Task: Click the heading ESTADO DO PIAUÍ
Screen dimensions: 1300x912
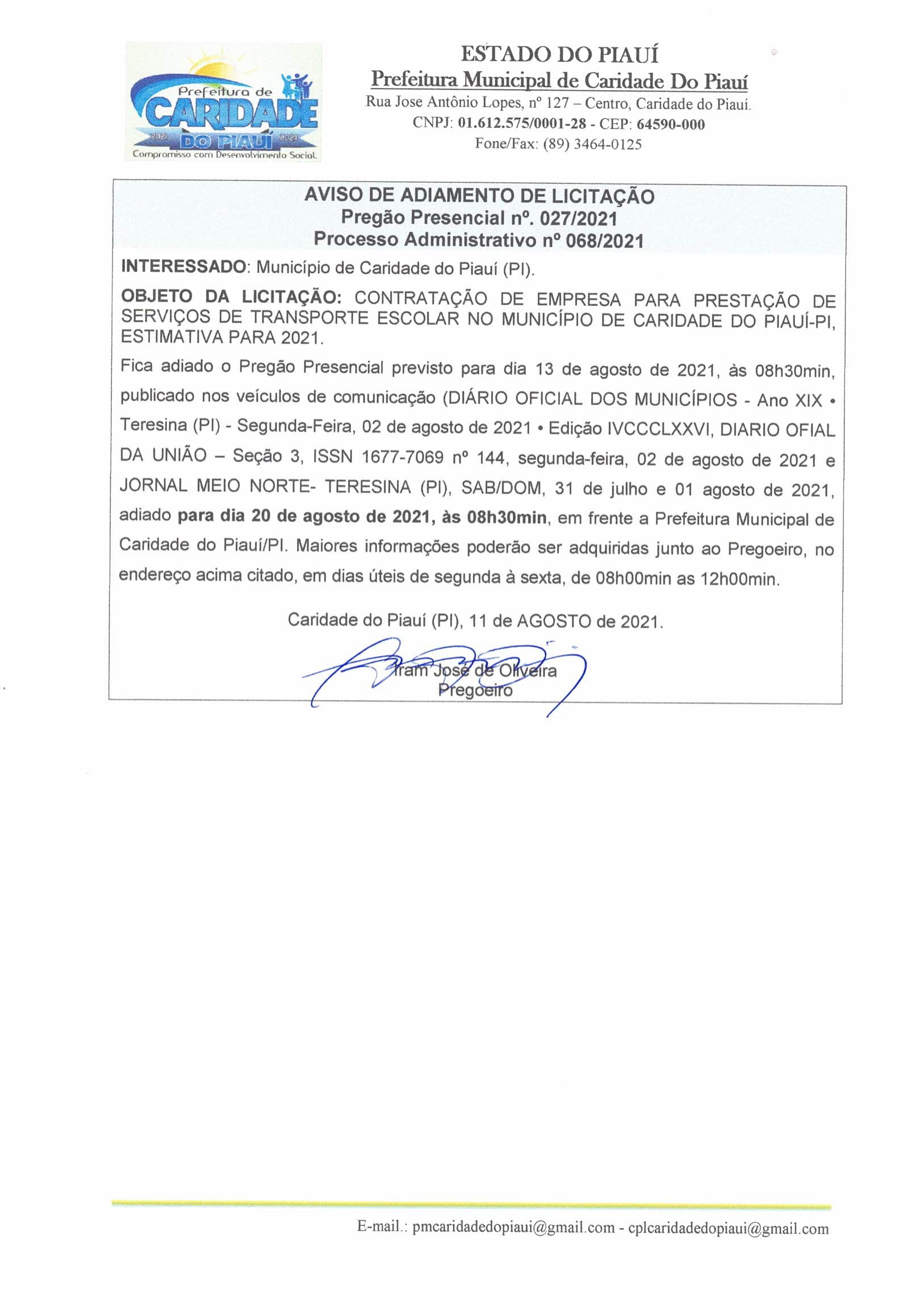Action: click(x=559, y=55)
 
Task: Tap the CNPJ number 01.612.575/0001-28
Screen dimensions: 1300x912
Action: click(x=522, y=124)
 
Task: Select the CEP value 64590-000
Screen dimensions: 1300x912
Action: click(x=671, y=124)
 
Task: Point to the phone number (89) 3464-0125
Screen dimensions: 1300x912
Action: click(x=592, y=144)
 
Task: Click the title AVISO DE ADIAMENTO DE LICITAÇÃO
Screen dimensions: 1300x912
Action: click(x=479, y=196)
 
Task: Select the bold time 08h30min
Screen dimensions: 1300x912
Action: click(x=507, y=517)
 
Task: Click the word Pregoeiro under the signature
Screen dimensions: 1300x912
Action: click(x=475, y=690)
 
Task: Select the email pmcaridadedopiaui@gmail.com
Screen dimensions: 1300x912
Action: click(x=513, y=1228)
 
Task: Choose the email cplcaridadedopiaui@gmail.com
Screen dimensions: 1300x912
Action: click(x=728, y=1228)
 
